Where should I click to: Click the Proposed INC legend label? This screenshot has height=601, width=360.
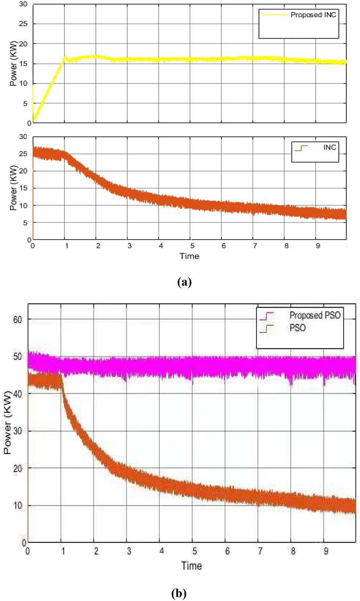pyautogui.click(x=313, y=15)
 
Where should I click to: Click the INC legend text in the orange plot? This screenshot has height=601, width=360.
pyautogui.click(x=329, y=148)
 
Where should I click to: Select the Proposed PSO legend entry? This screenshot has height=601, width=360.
pyautogui.click(x=315, y=315)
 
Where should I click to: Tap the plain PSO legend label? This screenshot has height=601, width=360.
pyautogui.click(x=298, y=328)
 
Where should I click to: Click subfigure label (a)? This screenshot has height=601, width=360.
pyautogui.click(x=185, y=282)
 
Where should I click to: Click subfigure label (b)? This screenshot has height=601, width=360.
pyautogui.click(x=179, y=593)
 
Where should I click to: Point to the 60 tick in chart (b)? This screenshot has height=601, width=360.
pyautogui.click(x=17, y=319)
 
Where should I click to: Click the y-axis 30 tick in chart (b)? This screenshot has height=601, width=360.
pyautogui.click(x=17, y=431)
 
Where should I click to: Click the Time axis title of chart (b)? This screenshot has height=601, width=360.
pyautogui.click(x=191, y=566)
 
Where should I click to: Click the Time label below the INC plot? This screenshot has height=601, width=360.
pyautogui.click(x=189, y=256)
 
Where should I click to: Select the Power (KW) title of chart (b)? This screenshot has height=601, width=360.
pyautogui.click(x=7, y=424)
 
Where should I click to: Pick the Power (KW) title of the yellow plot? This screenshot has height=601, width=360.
pyautogui.click(x=13, y=63)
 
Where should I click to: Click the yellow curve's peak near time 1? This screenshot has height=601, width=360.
pyautogui.click(x=65, y=56)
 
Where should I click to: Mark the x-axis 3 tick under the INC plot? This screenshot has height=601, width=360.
pyautogui.click(x=129, y=246)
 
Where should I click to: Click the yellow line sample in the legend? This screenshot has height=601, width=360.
pyautogui.click(x=275, y=15)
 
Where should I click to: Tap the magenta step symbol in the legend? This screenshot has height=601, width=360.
pyautogui.click(x=266, y=316)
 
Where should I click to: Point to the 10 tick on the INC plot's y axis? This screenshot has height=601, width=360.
pyautogui.click(x=23, y=206)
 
